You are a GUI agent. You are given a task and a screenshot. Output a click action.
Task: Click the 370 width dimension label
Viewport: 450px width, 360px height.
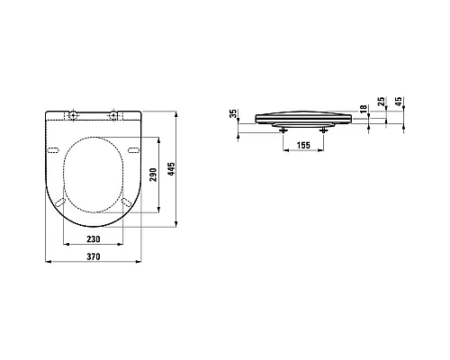[x=94, y=256]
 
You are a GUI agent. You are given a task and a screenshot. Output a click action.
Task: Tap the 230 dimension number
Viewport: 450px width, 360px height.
[x=94, y=239]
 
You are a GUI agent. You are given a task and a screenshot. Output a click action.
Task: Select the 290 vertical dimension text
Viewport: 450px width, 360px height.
[x=153, y=175]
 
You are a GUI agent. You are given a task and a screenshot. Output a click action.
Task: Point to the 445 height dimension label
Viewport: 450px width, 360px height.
[x=171, y=169]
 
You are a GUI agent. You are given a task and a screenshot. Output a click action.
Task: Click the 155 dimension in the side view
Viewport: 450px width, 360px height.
[x=303, y=145]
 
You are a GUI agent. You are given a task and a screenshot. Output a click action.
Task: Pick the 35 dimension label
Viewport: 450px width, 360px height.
[x=233, y=113]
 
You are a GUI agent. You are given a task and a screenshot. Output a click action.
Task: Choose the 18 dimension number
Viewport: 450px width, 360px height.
[x=364, y=109]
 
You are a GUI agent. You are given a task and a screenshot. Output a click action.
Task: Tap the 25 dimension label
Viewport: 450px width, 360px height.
[x=381, y=102]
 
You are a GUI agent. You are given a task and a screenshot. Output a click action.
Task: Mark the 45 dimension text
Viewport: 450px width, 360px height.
[x=399, y=102]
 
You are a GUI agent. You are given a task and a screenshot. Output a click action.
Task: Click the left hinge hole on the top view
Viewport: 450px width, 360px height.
[x=73, y=114]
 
